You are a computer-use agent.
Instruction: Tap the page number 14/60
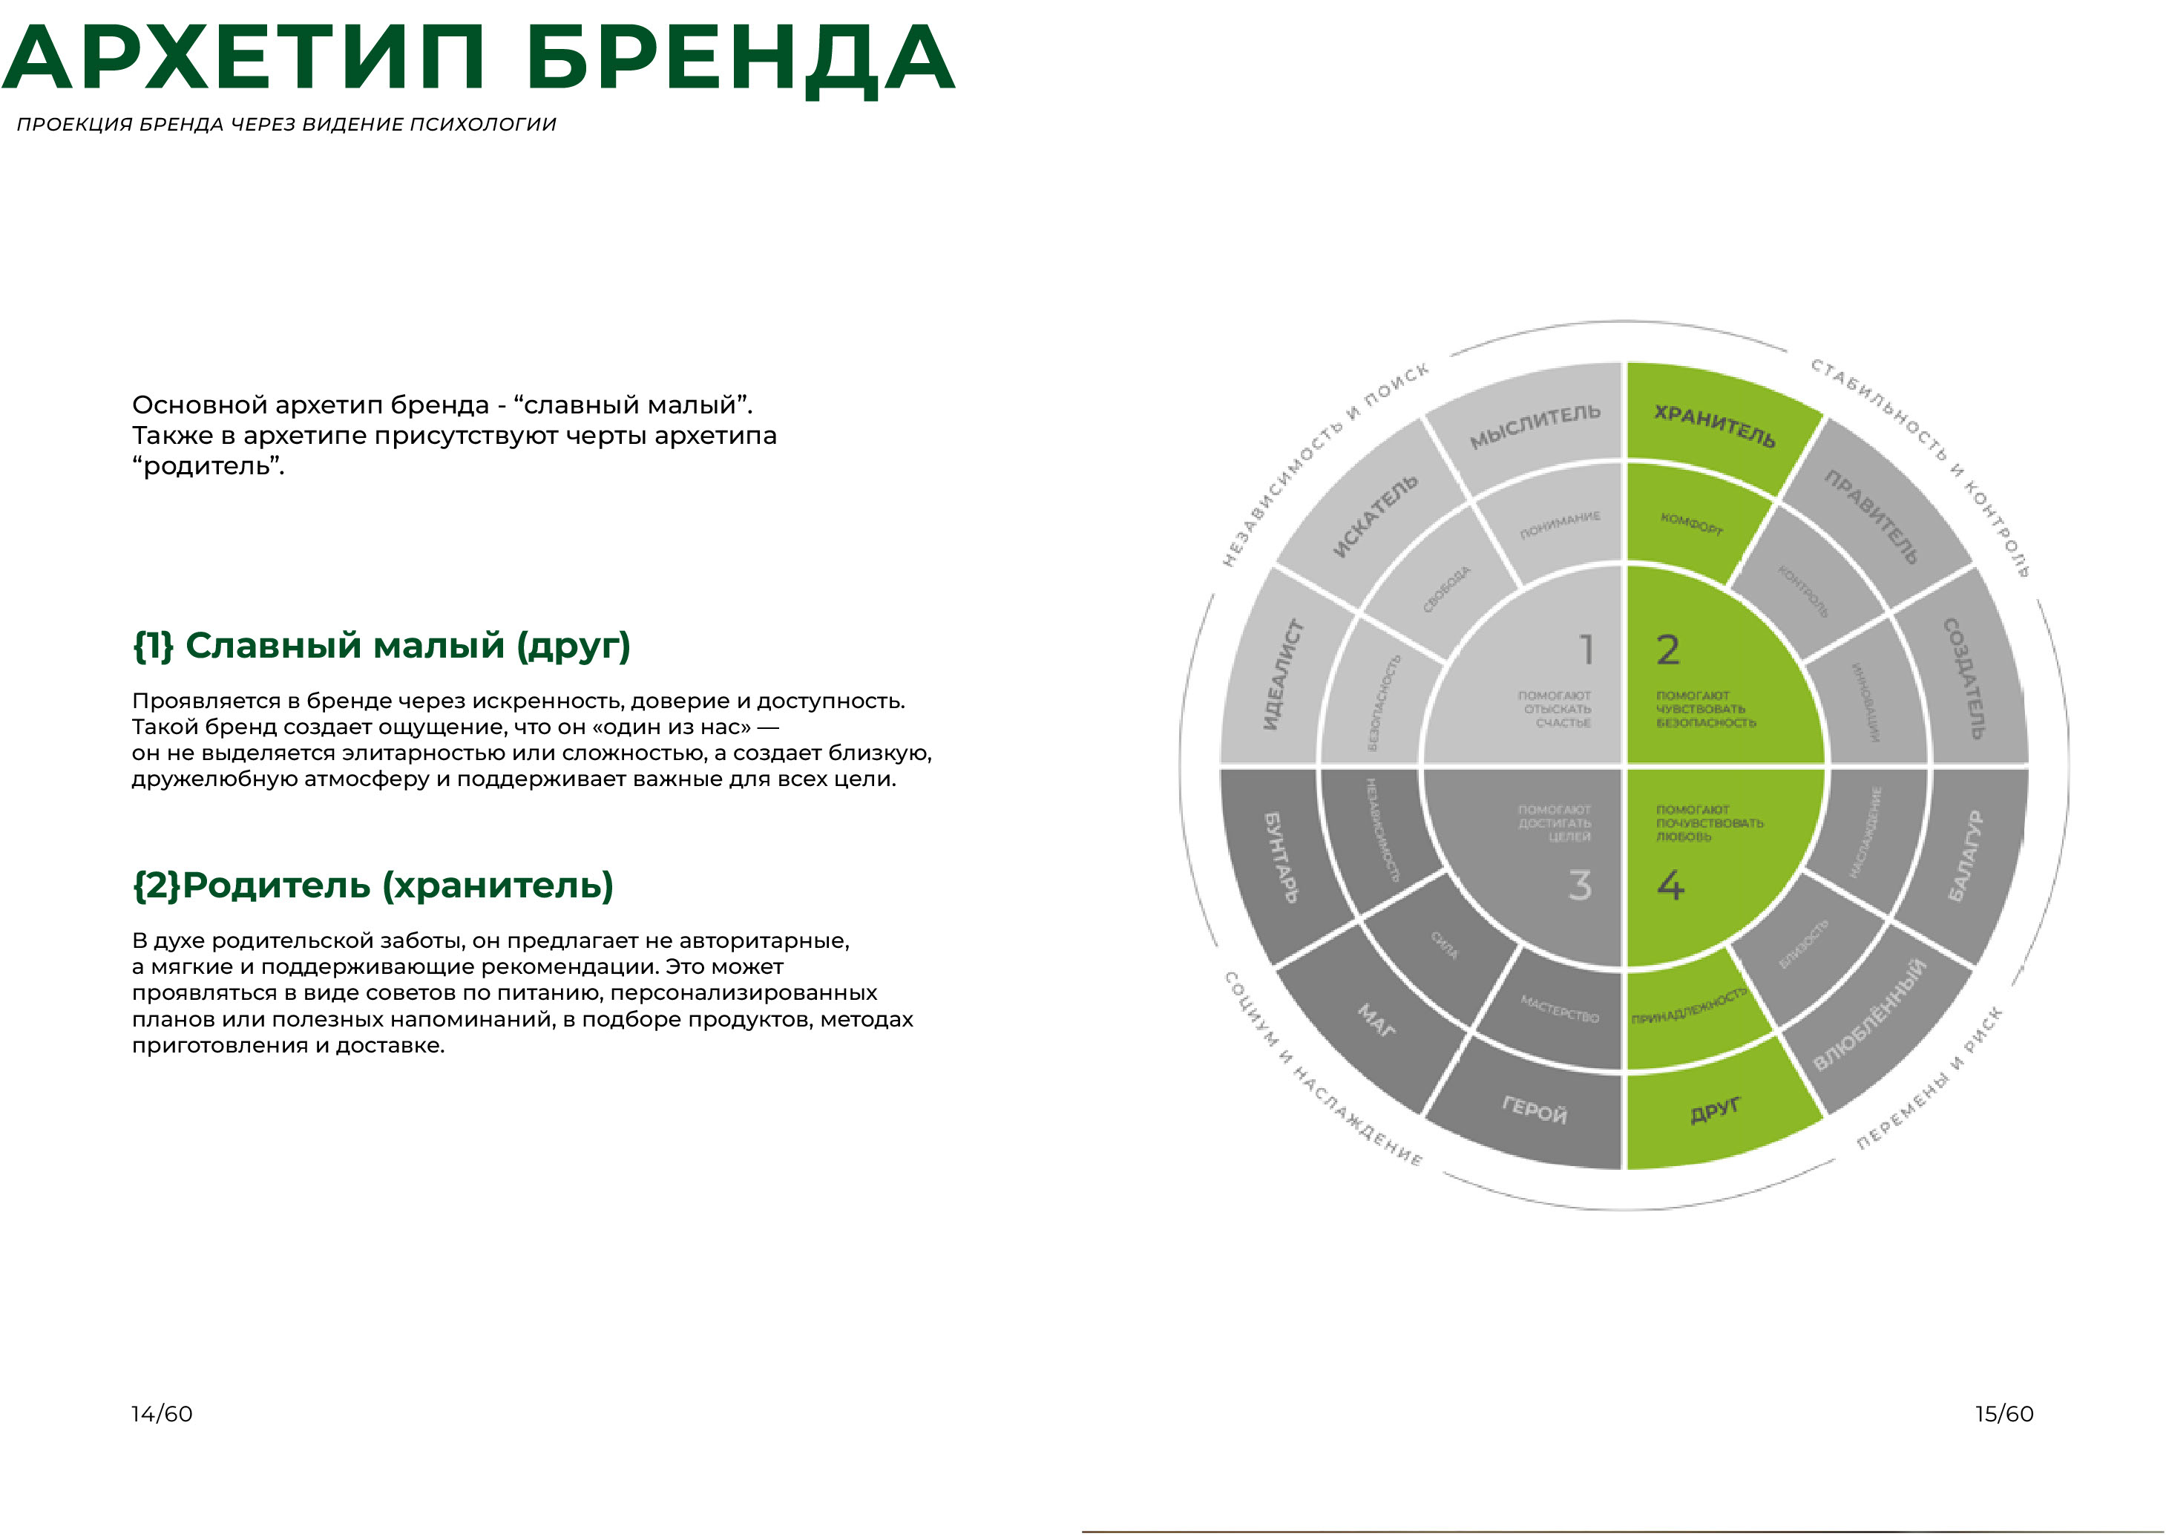click(162, 1414)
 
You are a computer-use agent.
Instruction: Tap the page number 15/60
click(2003, 1414)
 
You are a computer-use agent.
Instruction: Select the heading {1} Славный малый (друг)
click(381, 646)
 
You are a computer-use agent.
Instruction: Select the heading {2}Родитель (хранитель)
click(373, 886)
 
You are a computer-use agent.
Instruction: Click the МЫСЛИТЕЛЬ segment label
click(1535, 426)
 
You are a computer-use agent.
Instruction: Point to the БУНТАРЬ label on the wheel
click(1281, 857)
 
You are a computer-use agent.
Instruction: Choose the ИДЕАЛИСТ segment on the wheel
click(1282, 674)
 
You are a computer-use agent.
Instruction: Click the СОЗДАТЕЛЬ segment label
click(1963, 678)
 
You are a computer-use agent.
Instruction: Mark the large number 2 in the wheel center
click(1668, 650)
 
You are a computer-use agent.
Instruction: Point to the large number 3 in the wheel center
click(1580, 886)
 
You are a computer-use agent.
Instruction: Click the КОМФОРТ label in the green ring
click(1692, 523)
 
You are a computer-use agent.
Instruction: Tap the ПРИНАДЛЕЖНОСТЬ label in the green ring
click(1689, 1007)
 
